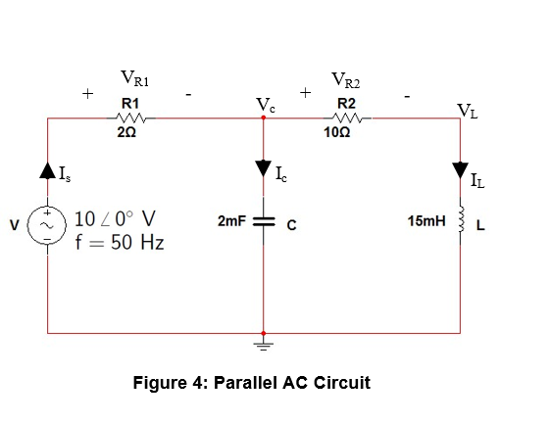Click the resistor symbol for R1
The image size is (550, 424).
pos(130,118)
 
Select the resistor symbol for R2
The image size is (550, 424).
pos(345,118)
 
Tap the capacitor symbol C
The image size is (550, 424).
pos(263,222)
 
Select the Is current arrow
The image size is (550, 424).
pos(48,175)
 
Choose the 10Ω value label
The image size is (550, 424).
pos(344,134)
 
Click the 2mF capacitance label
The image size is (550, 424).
pos(230,222)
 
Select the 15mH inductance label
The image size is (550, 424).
pos(425,222)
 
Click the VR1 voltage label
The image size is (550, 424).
pos(133,78)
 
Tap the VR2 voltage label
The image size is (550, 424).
pos(349,79)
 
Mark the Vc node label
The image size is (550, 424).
pos(265,103)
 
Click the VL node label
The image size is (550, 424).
pos(468,110)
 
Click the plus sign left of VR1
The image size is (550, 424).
pos(88,94)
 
